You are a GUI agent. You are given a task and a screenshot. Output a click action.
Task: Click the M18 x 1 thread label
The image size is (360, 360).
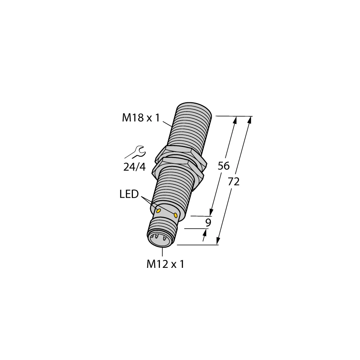coord(140,118)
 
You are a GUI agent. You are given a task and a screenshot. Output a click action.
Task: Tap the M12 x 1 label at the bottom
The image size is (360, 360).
coord(165,265)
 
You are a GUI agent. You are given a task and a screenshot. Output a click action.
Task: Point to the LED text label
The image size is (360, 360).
coord(129,195)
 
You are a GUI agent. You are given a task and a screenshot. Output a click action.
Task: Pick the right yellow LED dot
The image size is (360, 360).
coord(176,215)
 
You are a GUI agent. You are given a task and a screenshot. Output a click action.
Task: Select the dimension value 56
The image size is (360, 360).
coord(224,166)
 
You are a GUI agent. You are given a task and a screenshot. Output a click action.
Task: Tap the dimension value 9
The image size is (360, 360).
coord(208,222)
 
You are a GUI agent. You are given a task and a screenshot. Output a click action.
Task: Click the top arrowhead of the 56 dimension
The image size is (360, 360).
coord(235,120)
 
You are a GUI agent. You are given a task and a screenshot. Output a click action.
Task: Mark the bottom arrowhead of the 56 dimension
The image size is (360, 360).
coord(212,213)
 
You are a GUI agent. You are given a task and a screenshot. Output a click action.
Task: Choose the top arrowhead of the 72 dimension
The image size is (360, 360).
coord(249,120)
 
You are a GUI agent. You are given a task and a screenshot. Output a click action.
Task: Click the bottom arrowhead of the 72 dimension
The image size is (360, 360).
coord(218,242)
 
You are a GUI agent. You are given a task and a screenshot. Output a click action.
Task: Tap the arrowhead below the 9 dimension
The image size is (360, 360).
coord(205,233)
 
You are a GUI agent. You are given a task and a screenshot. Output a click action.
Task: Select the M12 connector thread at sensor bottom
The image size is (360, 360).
coord(162,229)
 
